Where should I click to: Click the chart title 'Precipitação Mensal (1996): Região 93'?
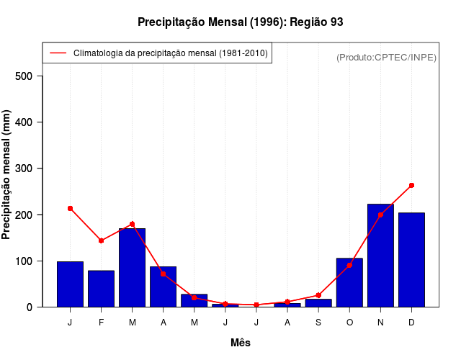(x=240, y=22)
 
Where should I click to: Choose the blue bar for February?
(x=101, y=289)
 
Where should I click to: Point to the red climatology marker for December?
(x=411, y=185)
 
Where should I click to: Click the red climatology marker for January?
(x=70, y=208)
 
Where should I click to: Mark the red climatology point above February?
(x=101, y=240)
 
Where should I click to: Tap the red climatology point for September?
(x=318, y=295)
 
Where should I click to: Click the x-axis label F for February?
(x=101, y=323)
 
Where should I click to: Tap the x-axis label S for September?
(x=318, y=323)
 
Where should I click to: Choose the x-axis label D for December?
(x=411, y=323)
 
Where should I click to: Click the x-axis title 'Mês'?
(x=241, y=343)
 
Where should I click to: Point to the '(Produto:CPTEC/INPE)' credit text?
(x=386, y=57)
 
